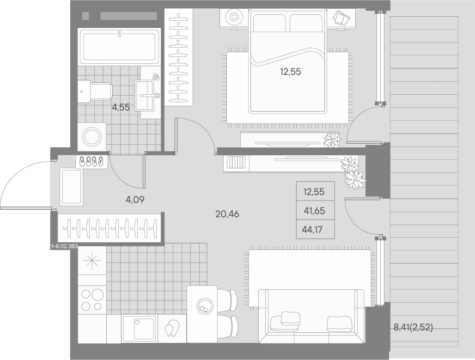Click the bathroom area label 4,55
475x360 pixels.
(121, 107)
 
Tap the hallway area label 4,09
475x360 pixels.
(135, 199)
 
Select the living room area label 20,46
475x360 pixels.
(227, 214)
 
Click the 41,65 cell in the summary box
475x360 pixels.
(315, 211)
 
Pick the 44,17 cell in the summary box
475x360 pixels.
(312, 229)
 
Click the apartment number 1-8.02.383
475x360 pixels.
(65, 247)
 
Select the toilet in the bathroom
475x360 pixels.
(95, 91)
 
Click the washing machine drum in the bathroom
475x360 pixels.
(92, 137)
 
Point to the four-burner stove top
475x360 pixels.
(92, 300)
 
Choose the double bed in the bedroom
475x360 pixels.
(288, 61)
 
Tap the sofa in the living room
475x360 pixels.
(311, 316)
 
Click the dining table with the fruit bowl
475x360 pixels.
(202, 314)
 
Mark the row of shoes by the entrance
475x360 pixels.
(91, 162)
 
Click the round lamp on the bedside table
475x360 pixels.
(234, 17)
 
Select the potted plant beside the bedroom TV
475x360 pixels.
(332, 140)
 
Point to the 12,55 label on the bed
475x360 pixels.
(291, 72)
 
